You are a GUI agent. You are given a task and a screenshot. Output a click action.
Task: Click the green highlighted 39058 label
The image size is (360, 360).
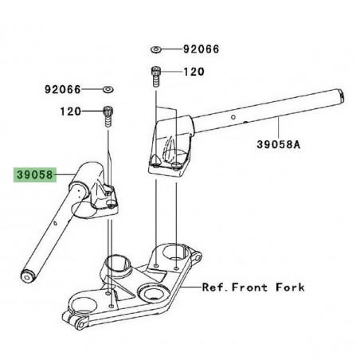(x=35, y=174)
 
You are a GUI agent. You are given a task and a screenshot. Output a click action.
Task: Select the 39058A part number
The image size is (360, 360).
(x=279, y=144)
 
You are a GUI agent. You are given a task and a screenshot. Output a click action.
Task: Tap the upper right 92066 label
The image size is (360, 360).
(x=202, y=49)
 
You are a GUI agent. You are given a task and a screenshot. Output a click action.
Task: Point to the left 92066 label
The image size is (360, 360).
(x=62, y=89)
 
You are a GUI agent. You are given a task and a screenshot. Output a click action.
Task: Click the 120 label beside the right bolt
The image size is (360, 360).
(x=194, y=72)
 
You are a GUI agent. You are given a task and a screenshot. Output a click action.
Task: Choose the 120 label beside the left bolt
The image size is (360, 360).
(x=70, y=112)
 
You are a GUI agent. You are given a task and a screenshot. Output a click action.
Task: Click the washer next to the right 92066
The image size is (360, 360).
(x=156, y=49)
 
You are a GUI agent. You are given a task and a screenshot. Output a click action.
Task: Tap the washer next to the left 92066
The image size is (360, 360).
(x=108, y=89)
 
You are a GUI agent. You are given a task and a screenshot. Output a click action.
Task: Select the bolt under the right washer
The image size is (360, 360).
(x=156, y=76)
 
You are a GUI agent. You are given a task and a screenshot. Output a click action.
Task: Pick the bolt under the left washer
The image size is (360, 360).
(x=108, y=116)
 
